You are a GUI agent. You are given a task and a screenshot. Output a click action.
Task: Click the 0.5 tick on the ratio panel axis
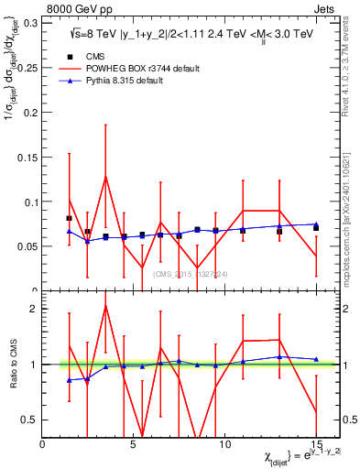30,420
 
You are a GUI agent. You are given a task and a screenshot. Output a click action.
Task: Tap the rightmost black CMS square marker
316,228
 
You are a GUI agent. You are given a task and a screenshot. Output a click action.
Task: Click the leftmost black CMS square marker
70,218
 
